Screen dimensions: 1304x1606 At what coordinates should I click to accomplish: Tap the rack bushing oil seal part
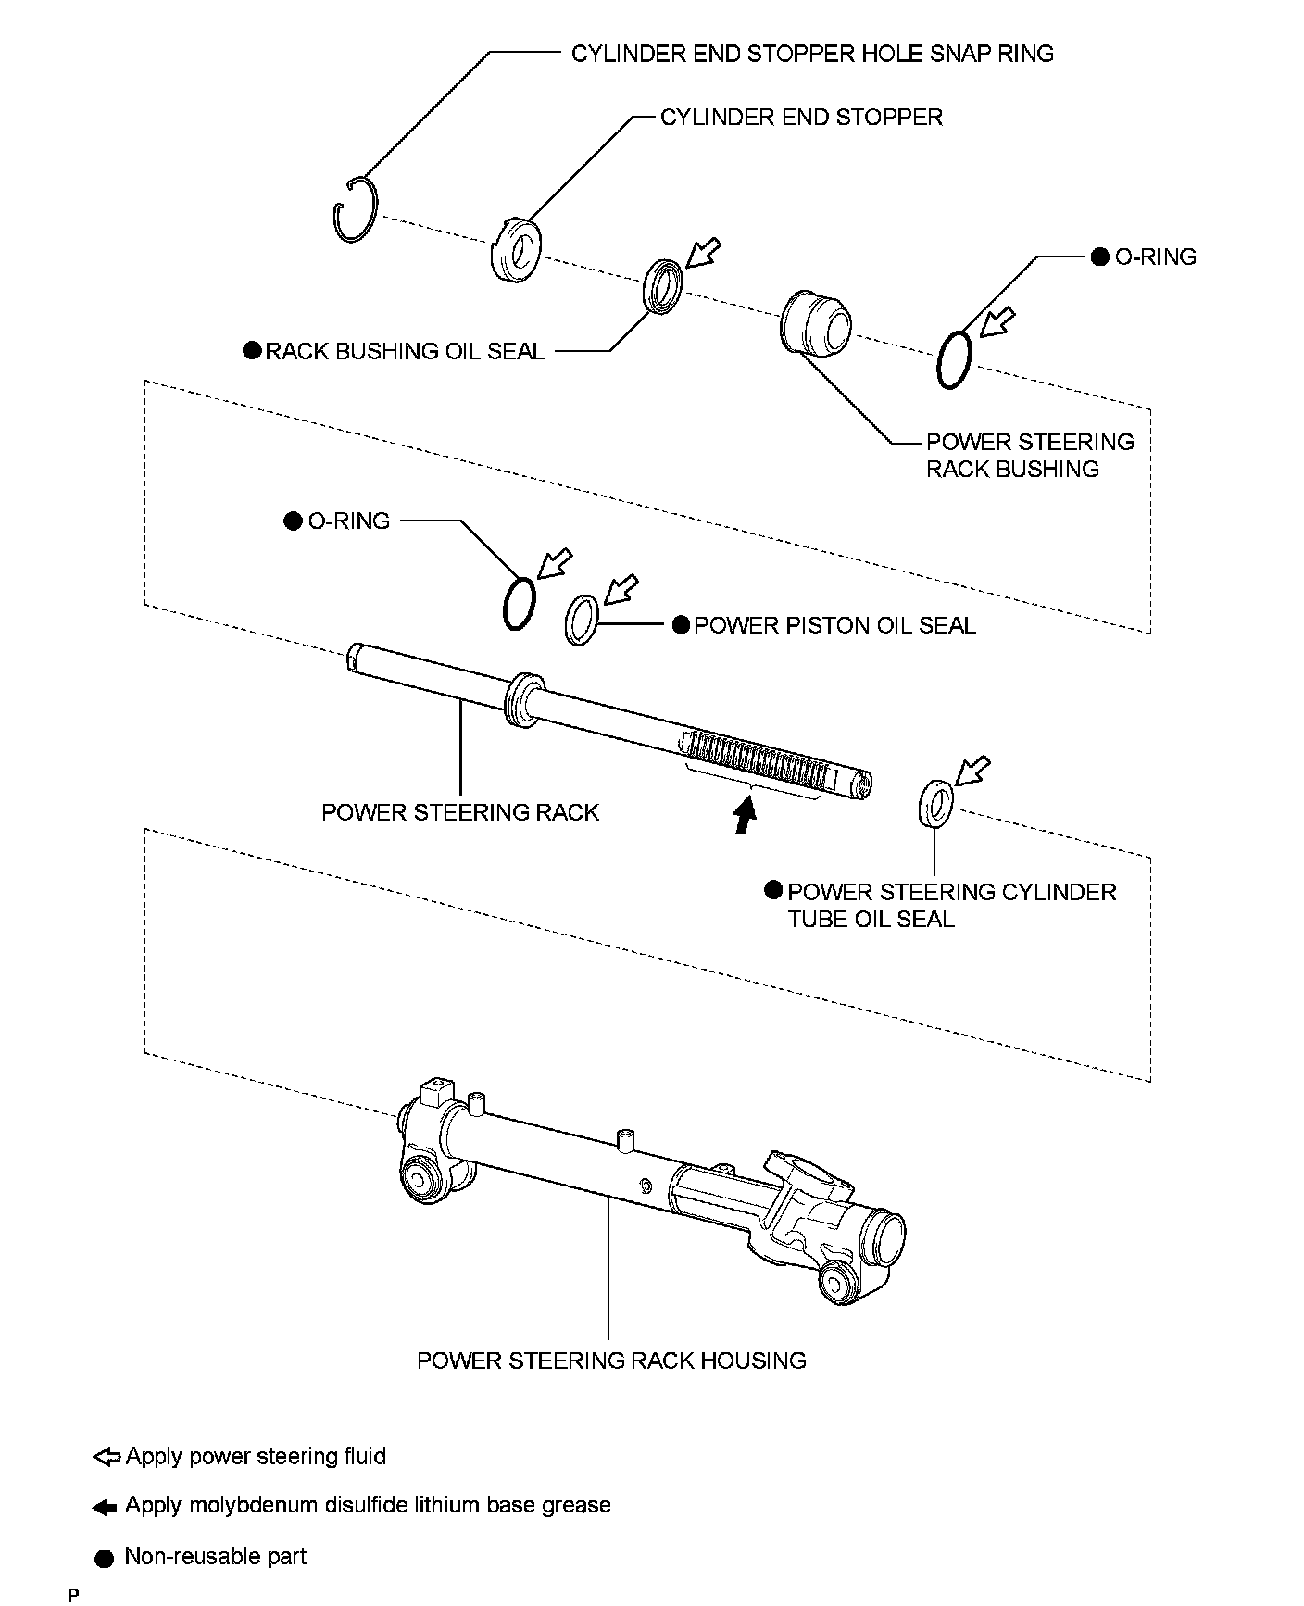pos(663,287)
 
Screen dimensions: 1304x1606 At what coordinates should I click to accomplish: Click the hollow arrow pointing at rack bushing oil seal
pos(705,252)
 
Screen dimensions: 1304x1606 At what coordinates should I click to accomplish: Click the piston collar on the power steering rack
pos(523,700)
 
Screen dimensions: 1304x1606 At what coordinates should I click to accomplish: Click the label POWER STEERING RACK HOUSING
pos(611,1361)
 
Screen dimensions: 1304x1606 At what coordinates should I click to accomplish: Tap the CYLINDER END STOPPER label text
pos(801,118)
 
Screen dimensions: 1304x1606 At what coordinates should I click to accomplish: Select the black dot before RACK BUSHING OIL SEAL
pos(252,351)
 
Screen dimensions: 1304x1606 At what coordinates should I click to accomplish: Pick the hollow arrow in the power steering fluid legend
pos(107,1458)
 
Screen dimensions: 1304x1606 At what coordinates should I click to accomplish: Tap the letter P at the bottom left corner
pos(73,1595)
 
